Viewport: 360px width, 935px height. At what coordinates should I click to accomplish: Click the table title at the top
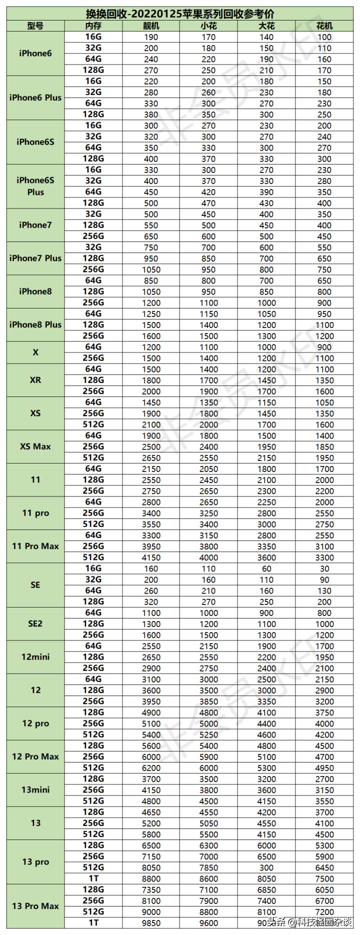point(180,14)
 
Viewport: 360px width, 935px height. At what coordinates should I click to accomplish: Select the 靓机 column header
point(150,25)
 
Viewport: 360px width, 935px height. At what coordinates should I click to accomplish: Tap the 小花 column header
point(208,25)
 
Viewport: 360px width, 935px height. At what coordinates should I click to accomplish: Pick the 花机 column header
point(324,25)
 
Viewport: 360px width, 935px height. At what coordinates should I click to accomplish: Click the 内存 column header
point(93,25)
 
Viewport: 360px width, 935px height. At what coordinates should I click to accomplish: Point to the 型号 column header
point(35,25)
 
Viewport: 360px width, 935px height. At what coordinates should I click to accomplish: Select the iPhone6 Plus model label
point(35,97)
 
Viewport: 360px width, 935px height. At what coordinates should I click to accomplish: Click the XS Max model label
point(35,446)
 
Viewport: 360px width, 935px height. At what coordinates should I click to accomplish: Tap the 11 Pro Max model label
point(35,546)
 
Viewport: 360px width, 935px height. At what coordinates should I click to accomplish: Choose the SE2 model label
point(35,623)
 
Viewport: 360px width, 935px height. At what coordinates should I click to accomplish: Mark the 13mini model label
point(35,790)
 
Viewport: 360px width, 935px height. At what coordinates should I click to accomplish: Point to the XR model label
point(35,380)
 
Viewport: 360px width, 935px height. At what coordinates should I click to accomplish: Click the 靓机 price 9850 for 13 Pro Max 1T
point(150,923)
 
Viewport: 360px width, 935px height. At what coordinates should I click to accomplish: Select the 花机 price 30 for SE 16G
point(324,568)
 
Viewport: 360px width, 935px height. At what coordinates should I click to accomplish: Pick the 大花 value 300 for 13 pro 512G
point(266,867)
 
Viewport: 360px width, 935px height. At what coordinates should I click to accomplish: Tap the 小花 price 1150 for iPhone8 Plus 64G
point(208,314)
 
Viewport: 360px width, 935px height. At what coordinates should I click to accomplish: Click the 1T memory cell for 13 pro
point(93,878)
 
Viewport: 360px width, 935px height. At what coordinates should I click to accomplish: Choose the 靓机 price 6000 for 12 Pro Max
point(150,757)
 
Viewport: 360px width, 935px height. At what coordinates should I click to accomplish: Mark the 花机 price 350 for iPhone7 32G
point(324,214)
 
